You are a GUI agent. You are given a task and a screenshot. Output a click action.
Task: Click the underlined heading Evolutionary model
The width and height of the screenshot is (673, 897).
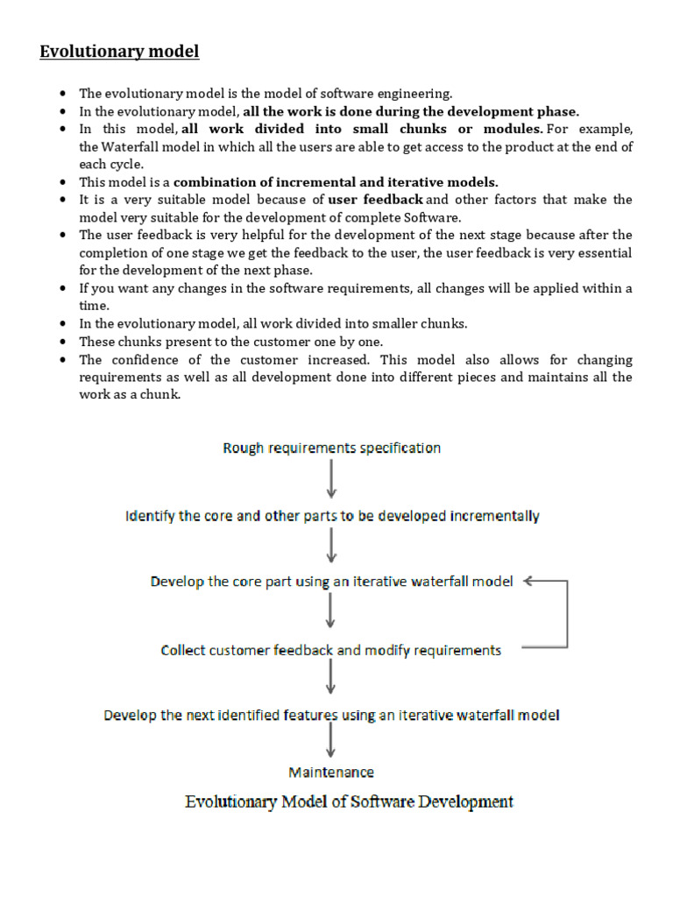tap(119, 52)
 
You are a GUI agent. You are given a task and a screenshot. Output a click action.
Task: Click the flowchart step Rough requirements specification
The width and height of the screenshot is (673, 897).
tap(331, 448)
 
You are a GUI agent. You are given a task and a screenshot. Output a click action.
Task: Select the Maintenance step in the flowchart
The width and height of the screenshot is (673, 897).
tap(331, 772)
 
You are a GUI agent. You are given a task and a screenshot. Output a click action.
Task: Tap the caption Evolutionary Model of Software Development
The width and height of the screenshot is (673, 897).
tap(349, 802)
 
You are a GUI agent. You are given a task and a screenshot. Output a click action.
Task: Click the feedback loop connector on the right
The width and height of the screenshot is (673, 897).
tap(566, 613)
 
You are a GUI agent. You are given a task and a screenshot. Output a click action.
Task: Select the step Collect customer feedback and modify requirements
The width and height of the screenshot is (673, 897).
tap(331, 650)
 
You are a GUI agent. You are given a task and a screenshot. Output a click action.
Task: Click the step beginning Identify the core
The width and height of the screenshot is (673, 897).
tap(332, 516)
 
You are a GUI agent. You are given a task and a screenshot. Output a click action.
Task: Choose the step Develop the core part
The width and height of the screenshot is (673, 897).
tap(331, 582)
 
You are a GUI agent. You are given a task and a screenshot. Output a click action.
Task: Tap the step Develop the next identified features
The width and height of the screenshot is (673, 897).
tap(331, 715)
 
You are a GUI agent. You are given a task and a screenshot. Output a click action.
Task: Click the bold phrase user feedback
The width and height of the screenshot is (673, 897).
tap(375, 200)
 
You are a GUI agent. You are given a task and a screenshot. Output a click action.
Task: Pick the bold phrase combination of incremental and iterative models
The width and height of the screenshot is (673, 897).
tap(336, 182)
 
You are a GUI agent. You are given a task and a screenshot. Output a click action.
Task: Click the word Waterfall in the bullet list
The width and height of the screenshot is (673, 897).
tap(125, 147)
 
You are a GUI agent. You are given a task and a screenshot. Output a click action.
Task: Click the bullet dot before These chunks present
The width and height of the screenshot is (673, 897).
tap(63, 342)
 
